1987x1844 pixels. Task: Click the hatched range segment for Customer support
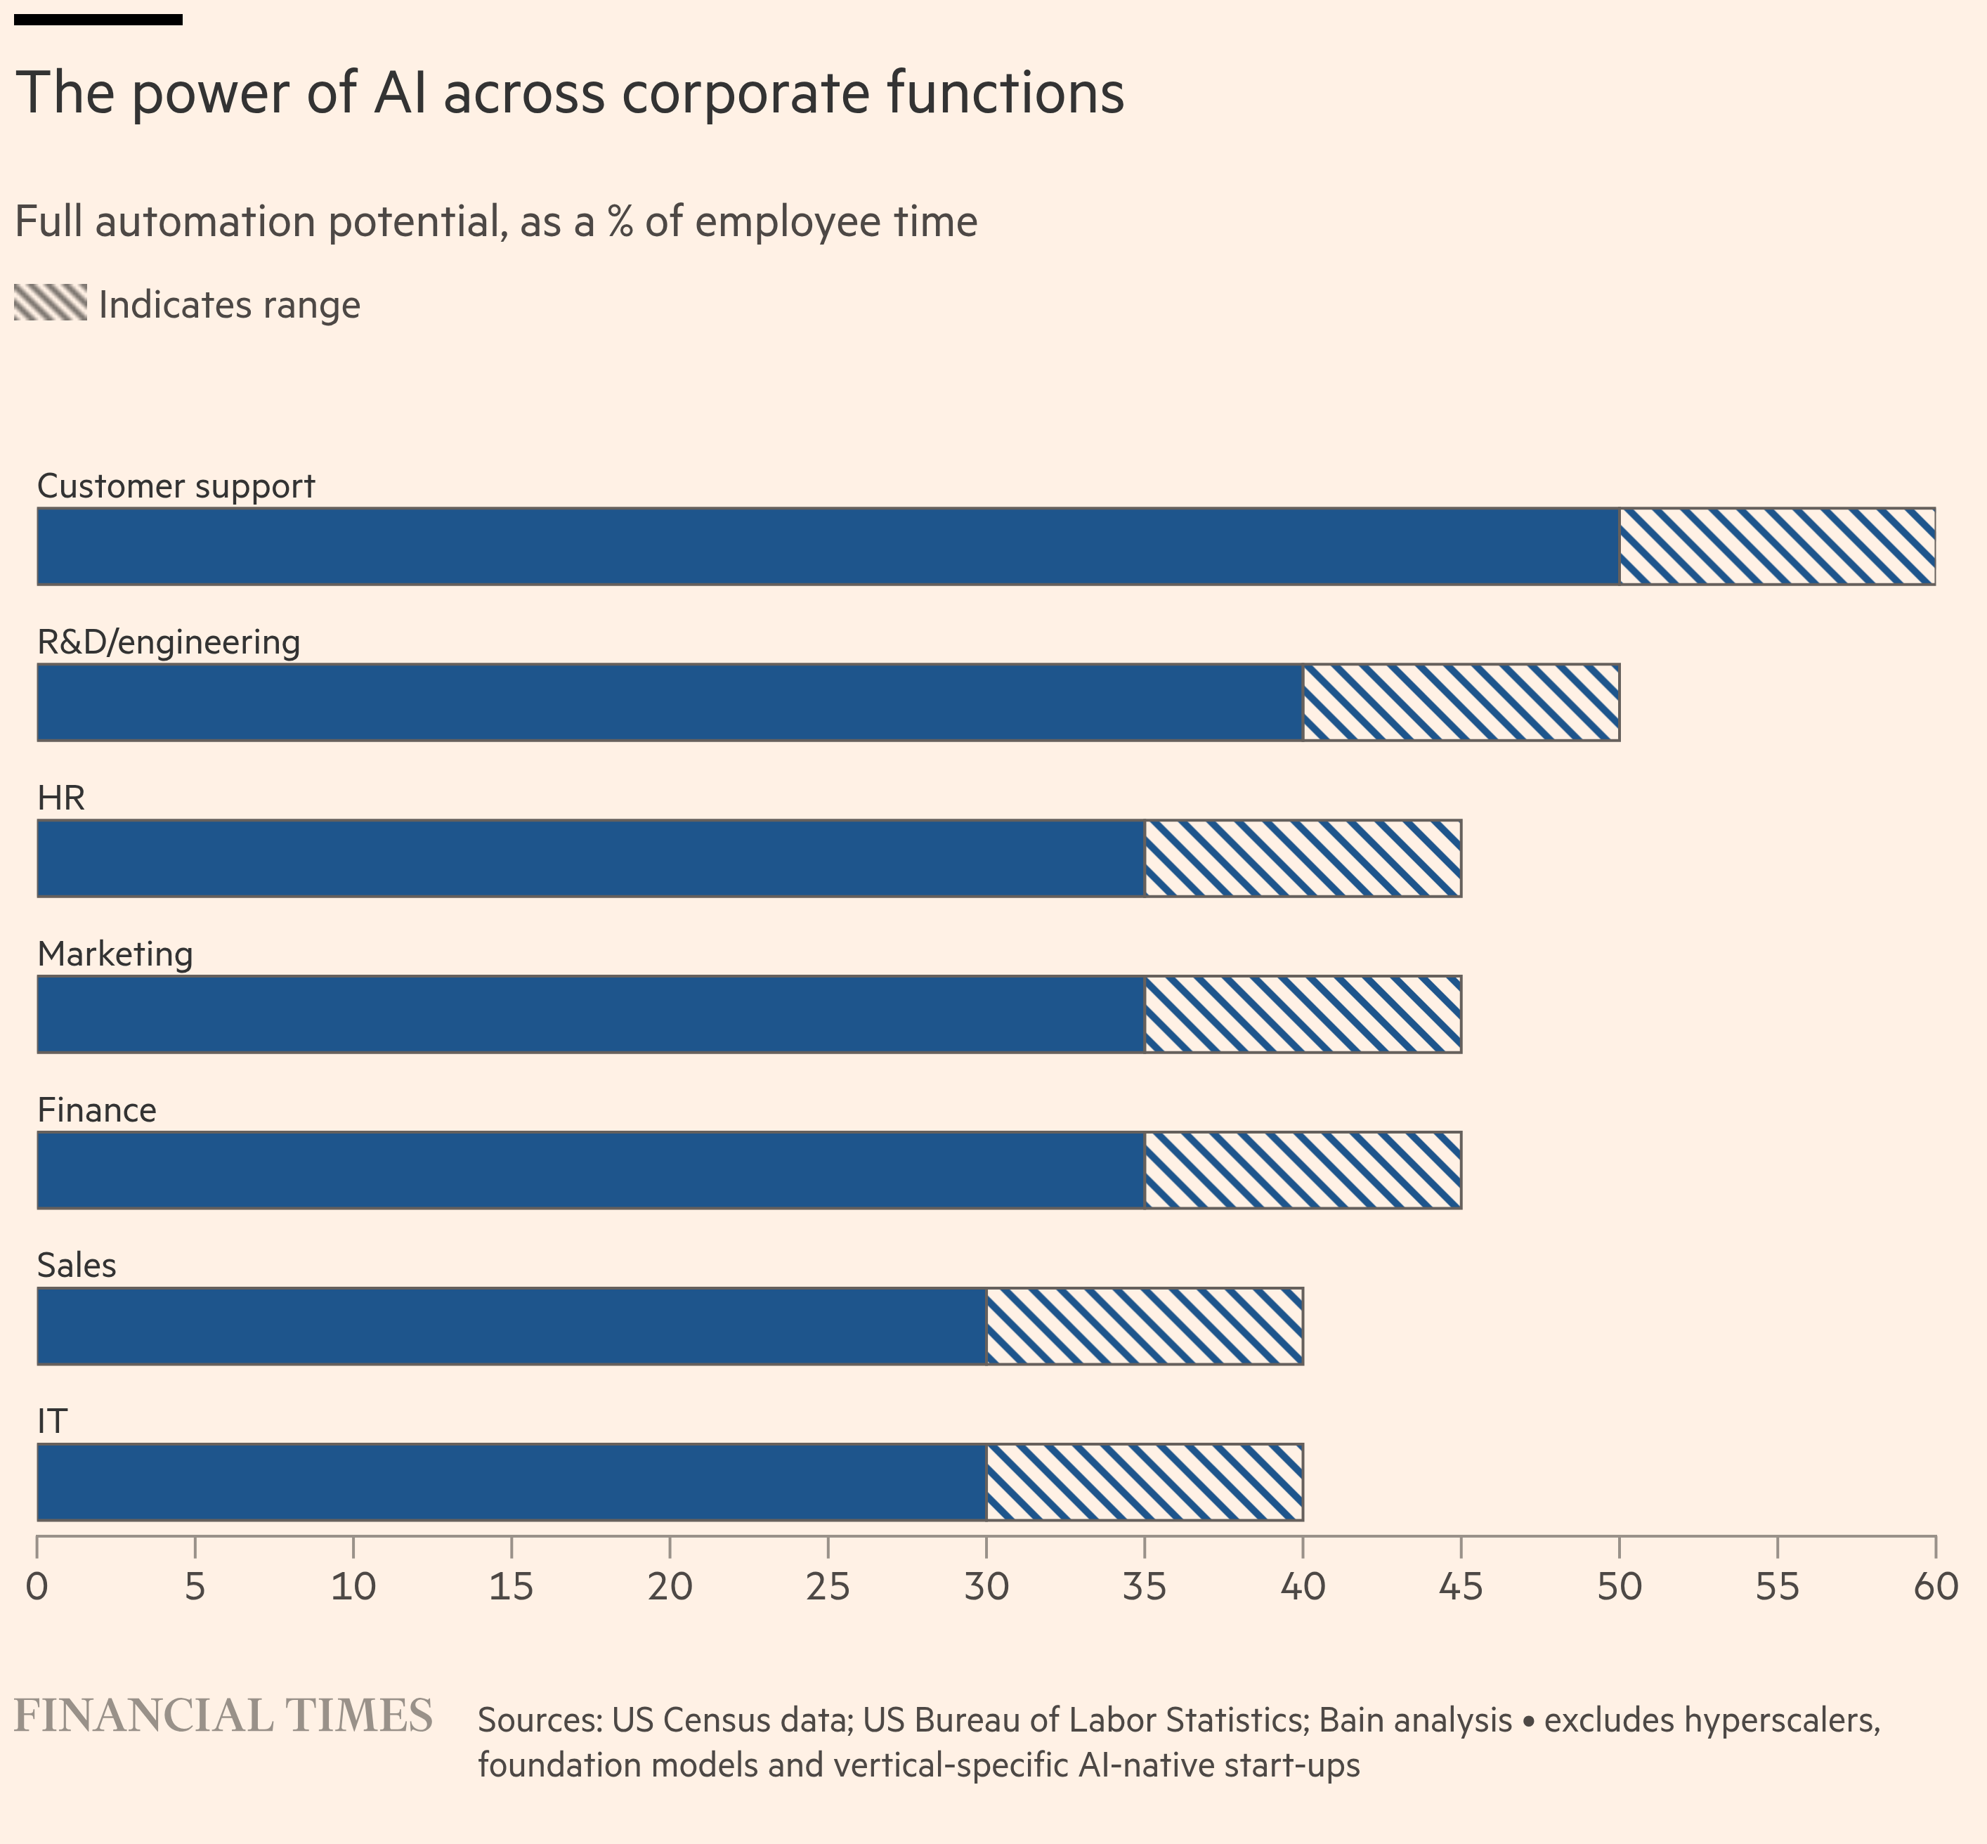pyautogui.click(x=1776, y=546)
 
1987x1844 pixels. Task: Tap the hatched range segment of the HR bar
pyautogui.click(x=1303, y=858)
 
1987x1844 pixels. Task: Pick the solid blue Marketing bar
pyautogui.click(x=590, y=1014)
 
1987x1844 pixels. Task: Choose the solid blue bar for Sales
pyautogui.click(x=512, y=1326)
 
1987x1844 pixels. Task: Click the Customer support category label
pyautogui.click(x=176, y=486)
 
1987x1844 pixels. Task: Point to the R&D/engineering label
pyautogui.click(x=169, y=642)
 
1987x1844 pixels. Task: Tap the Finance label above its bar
pyautogui.click(x=97, y=1110)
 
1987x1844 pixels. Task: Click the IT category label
pyautogui.click(x=52, y=1421)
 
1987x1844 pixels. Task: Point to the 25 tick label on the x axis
pyautogui.click(x=828, y=1585)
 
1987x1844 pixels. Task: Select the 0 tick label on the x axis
pyautogui.click(x=37, y=1585)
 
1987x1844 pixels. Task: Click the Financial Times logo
pyautogui.click(x=223, y=1716)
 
